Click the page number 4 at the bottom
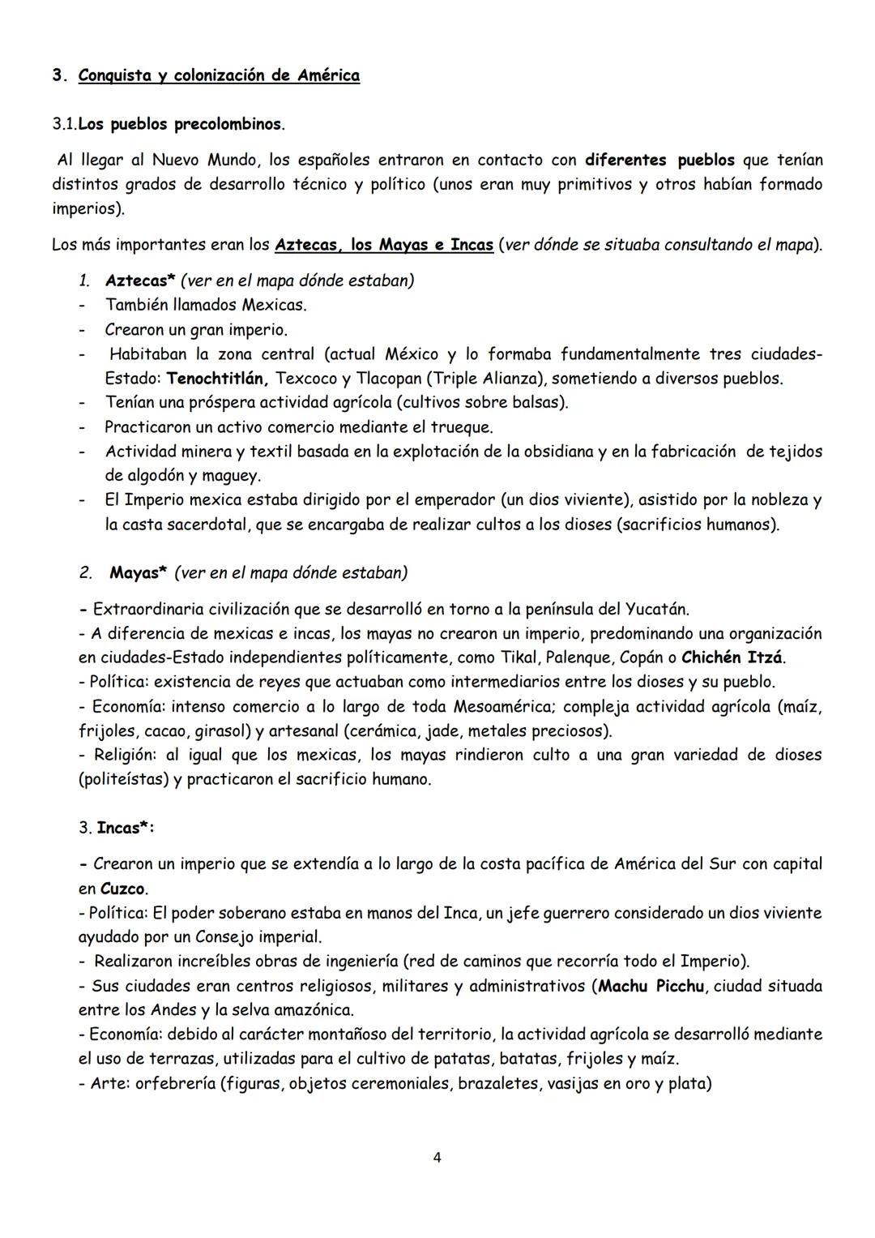pyautogui.click(x=437, y=1157)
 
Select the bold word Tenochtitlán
pyautogui.click(x=217, y=379)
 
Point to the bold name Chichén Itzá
pyautogui.click(x=732, y=658)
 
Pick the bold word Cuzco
pyautogui.click(x=123, y=889)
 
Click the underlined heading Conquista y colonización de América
pyautogui.click(x=219, y=75)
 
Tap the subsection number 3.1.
pyautogui.click(x=64, y=125)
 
